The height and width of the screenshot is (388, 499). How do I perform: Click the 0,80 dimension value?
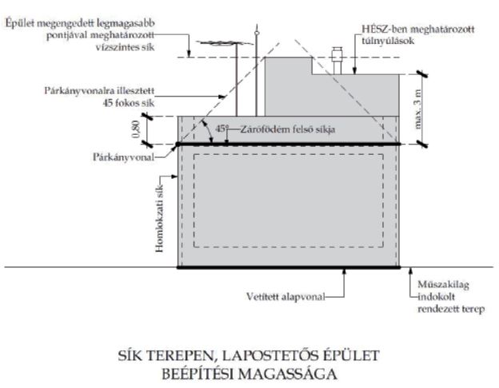coord(135,129)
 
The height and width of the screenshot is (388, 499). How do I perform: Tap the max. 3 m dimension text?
coord(418,109)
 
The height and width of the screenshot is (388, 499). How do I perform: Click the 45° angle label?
coord(222,129)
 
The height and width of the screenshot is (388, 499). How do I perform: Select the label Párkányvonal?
coord(123,157)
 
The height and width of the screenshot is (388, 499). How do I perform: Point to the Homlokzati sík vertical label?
coord(159,219)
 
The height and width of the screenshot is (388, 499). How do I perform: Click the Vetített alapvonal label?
coord(286,297)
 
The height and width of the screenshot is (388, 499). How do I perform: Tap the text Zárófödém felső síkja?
coord(287,129)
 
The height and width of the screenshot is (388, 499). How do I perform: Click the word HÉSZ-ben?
coord(383,30)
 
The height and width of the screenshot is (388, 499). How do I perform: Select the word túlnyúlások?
coord(388,41)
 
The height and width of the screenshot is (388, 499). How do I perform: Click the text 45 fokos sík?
coord(129,103)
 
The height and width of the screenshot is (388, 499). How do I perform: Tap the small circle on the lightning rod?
coord(257,33)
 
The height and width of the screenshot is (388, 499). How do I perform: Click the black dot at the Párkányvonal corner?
coord(178,145)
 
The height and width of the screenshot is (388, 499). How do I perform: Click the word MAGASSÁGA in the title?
coord(288,374)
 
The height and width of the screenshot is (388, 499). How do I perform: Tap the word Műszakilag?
coord(443,285)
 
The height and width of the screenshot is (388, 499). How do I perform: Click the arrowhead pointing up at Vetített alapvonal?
coord(344,271)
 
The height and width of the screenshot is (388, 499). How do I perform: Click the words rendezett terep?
coord(451,309)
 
